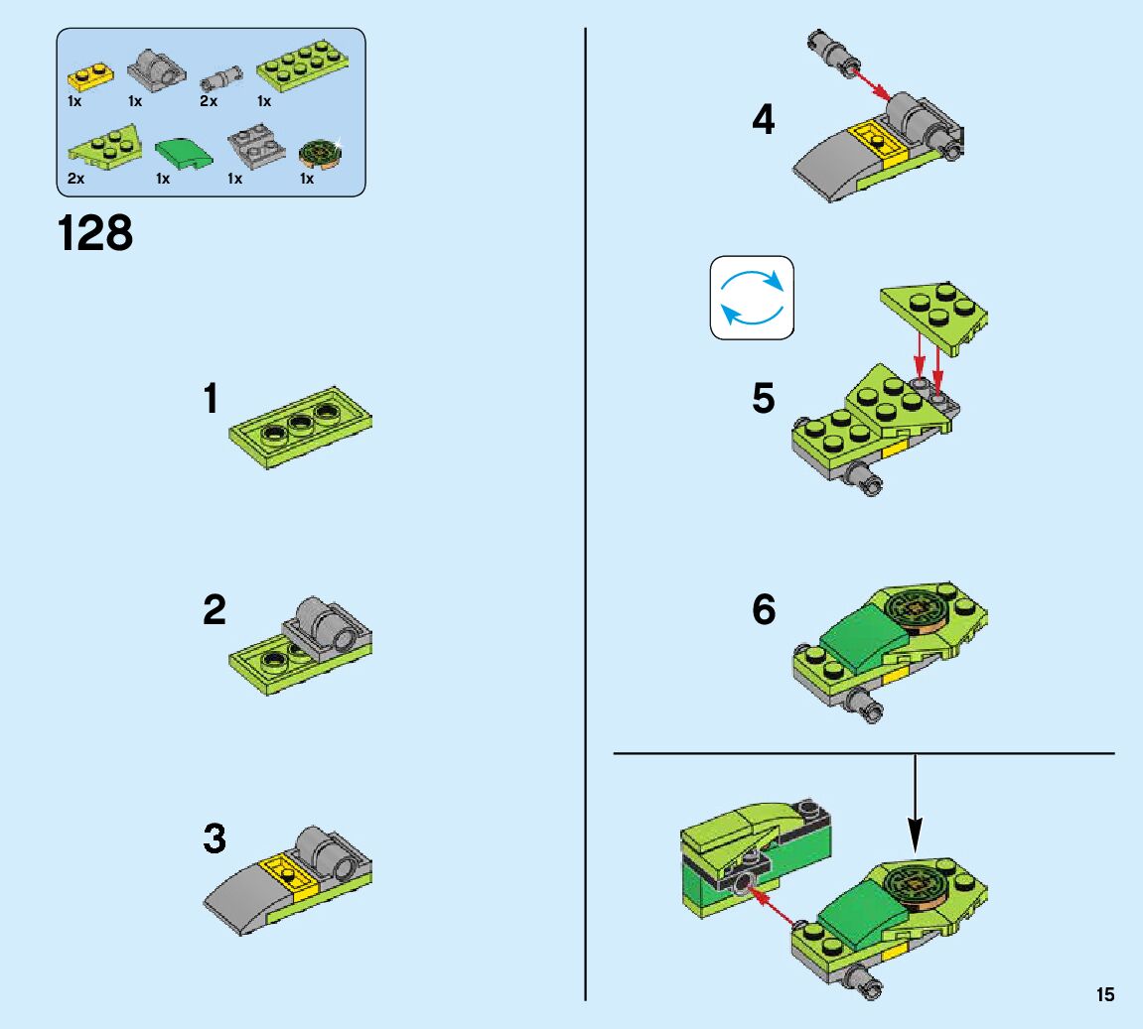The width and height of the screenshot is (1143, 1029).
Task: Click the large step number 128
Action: pyautogui.click(x=94, y=233)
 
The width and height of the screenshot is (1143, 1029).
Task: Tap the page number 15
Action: pyautogui.click(x=1105, y=994)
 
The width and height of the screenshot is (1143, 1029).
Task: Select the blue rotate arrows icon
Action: pyautogui.click(x=752, y=297)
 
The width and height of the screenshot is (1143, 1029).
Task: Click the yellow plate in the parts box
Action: pyautogui.click(x=90, y=76)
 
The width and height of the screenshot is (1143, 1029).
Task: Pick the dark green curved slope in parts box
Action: pyautogui.click(x=184, y=154)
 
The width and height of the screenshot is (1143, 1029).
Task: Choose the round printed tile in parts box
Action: pyautogui.click(x=320, y=152)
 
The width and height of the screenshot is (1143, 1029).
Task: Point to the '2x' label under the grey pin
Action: pyautogui.click(x=209, y=101)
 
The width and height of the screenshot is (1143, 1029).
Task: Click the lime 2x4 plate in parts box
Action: pyautogui.click(x=302, y=67)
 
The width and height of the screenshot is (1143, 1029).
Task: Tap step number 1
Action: pyautogui.click(x=211, y=398)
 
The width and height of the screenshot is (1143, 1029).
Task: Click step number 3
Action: pyautogui.click(x=214, y=837)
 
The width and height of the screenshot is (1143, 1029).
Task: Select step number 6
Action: pyautogui.click(x=764, y=609)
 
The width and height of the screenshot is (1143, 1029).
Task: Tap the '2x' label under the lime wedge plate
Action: pyautogui.click(x=75, y=179)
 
